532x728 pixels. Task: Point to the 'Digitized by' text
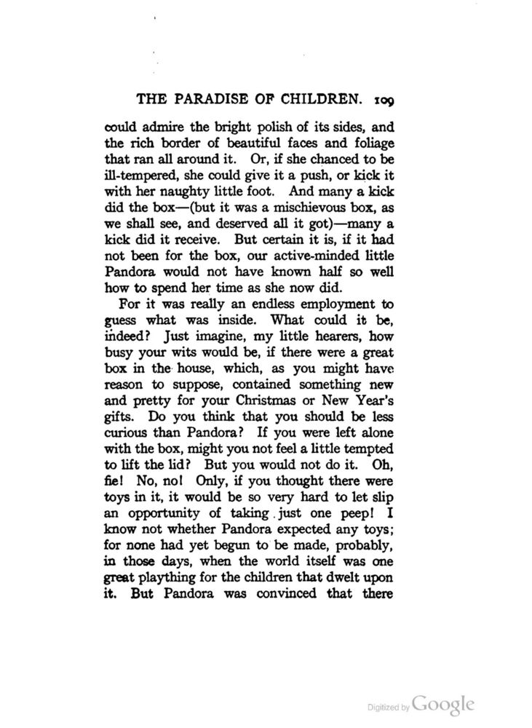point(385,707)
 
